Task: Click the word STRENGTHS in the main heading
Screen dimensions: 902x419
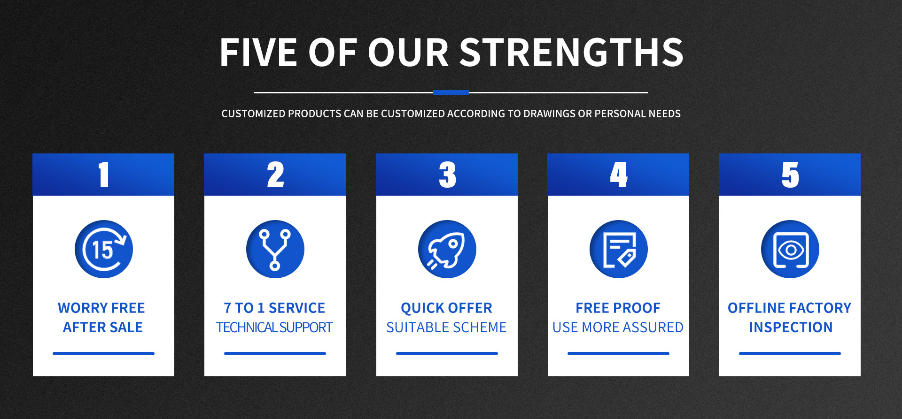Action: pyautogui.click(x=571, y=52)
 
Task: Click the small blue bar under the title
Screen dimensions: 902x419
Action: pyautogui.click(x=451, y=92)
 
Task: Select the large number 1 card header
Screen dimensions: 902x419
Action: pyautogui.click(x=104, y=175)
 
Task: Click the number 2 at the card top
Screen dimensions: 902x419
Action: pyautogui.click(x=275, y=175)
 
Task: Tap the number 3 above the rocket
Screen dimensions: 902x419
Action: pyautogui.click(x=447, y=175)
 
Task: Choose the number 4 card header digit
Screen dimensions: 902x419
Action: pyautogui.click(x=619, y=175)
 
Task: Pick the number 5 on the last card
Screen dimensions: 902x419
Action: pyautogui.click(x=790, y=175)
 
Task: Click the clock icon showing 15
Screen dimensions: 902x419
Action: pyautogui.click(x=104, y=249)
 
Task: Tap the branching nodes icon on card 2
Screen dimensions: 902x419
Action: pyautogui.click(x=275, y=249)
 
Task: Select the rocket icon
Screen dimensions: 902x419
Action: pyautogui.click(x=447, y=249)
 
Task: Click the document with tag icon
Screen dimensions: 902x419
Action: pyautogui.click(x=619, y=249)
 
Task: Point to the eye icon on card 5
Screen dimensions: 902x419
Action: pyautogui.click(x=790, y=249)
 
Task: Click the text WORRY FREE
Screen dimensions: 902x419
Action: pyautogui.click(x=101, y=308)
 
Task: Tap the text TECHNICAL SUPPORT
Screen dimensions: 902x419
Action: pyautogui.click(x=274, y=327)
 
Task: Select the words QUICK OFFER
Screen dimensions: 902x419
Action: pyautogui.click(x=447, y=308)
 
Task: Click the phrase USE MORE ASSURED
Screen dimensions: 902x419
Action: pyautogui.click(x=618, y=327)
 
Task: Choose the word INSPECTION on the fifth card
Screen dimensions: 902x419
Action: pyautogui.click(x=791, y=327)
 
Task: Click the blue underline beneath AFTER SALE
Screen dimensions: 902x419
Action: pyautogui.click(x=103, y=353)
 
